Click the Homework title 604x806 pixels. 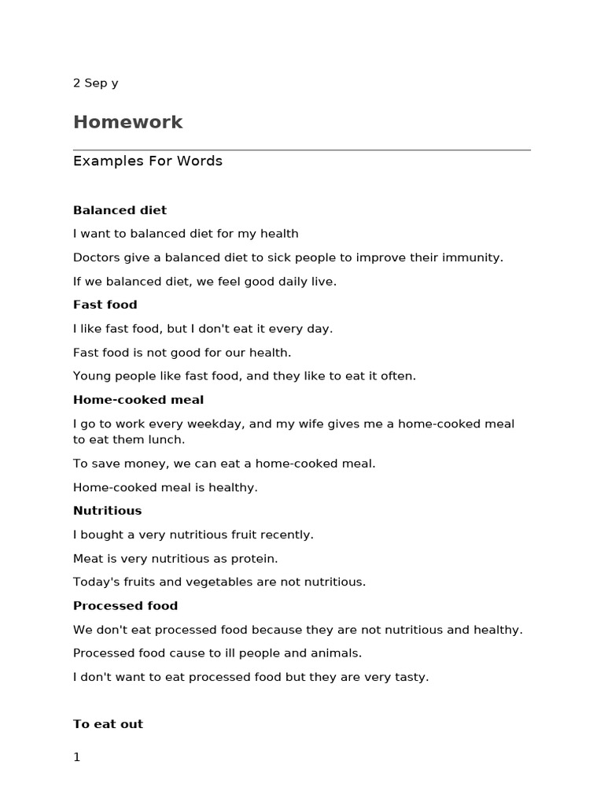pos(127,122)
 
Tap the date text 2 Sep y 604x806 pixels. pos(96,83)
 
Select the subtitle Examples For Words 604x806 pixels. pos(148,161)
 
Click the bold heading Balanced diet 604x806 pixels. pos(120,210)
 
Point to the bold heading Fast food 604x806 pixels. pos(105,305)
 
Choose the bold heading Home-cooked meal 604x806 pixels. pos(138,400)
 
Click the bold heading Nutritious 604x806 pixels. pos(108,511)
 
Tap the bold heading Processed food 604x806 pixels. pos(126,605)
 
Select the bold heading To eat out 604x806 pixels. pos(108,724)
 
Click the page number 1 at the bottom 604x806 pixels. pos(77,757)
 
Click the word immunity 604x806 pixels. pos(474,257)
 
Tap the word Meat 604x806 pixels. pos(88,558)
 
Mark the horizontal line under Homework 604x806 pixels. pos(302,150)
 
